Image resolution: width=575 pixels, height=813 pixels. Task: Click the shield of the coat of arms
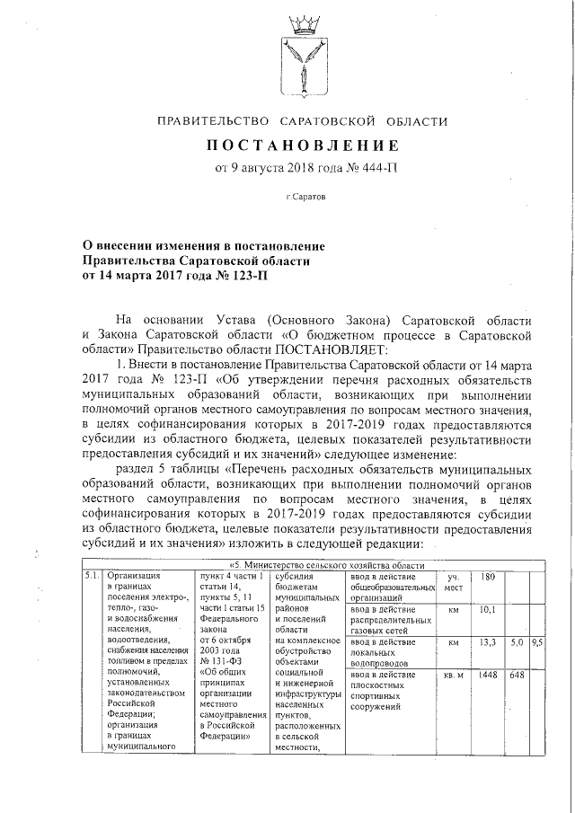(x=302, y=66)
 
